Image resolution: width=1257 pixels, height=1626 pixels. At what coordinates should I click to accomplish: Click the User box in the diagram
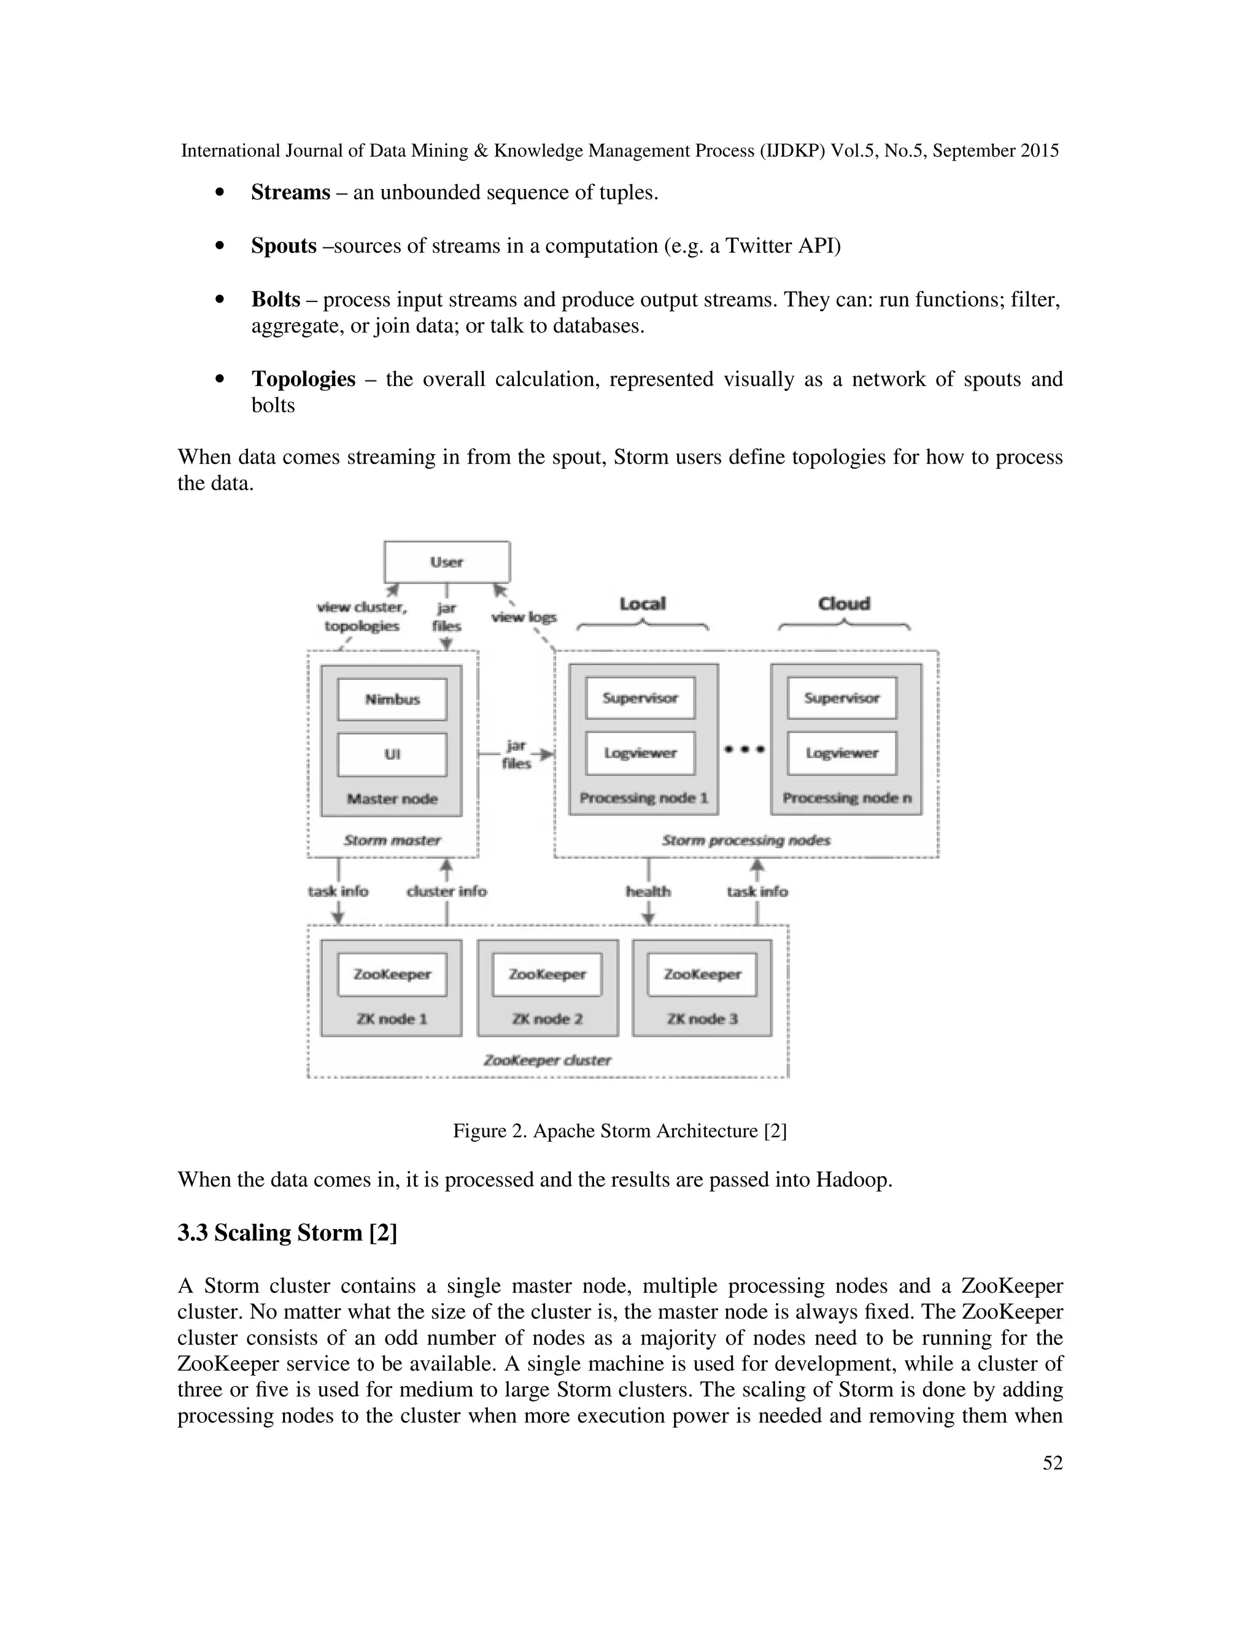tap(447, 562)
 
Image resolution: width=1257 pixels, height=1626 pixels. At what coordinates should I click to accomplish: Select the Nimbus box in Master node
tap(392, 699)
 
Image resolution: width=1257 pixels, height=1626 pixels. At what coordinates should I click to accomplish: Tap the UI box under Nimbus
tap(392, 754)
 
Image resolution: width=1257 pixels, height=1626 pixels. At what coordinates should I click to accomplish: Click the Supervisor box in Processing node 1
tap(640, 698)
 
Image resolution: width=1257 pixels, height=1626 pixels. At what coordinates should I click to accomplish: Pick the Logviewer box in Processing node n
tap(842, 753)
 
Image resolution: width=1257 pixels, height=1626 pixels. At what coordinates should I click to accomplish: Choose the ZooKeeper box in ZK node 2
tap(547, 974)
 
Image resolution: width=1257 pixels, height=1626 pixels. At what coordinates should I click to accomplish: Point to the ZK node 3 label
tap(702, 1019)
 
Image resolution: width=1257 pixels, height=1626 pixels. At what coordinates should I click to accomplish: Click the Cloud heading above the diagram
tap(844, 604)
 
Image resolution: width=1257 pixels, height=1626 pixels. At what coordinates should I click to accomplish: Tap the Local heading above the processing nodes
tap(643, 604)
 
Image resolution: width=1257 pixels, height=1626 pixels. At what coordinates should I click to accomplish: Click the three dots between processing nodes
tap(745, 750)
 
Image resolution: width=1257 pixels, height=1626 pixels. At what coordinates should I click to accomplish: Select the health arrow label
tap(648, 891)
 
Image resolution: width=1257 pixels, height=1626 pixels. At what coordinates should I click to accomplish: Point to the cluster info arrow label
tap(447, 891)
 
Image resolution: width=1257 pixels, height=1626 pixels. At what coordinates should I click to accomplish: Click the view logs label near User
tap(524, 617)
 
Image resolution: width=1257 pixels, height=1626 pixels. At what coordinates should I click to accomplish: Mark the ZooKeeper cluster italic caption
tap(547, 1060)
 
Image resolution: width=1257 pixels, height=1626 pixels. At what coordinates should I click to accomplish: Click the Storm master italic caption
tap(392, 840)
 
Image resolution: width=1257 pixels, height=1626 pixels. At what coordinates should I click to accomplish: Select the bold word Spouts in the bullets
tap(284, 245)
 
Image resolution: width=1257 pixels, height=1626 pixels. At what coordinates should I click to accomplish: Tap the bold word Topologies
tap(303, 379)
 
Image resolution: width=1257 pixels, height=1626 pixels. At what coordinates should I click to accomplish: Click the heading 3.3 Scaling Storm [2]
tap(287, 1232)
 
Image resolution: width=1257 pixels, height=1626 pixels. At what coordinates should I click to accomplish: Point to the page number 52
tap(1052, 1463)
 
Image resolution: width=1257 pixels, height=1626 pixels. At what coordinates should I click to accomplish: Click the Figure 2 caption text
tap(619, 1131)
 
